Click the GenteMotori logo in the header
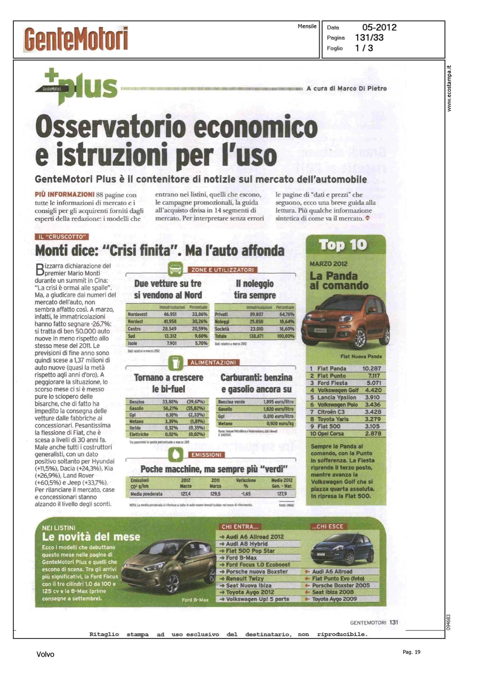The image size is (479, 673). (x=76, y=39)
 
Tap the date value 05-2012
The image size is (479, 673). (x=379, y=27)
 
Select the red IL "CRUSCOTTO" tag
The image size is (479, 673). (x=62, y=237)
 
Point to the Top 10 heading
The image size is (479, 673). (x=343, y=245)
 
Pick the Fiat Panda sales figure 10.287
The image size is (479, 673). (x=371, y=368)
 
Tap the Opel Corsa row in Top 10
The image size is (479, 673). (x=345, y=434)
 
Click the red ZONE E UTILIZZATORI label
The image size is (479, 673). (x=223, y=270)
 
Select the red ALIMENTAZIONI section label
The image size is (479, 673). (x=213, y=363)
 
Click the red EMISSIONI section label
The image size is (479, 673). (x=206, y=455)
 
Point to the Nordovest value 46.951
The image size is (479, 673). (x=170, y=315)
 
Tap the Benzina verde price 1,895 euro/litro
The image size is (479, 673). (x=278, y=402)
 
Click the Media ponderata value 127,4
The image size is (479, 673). (x=186, y=494)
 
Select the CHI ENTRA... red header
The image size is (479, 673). (x=240, y=527)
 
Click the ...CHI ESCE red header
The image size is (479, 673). (x=328, y=527)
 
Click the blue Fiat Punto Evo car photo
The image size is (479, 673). (x=342, y=549)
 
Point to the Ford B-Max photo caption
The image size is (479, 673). (x=195, y=600)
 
